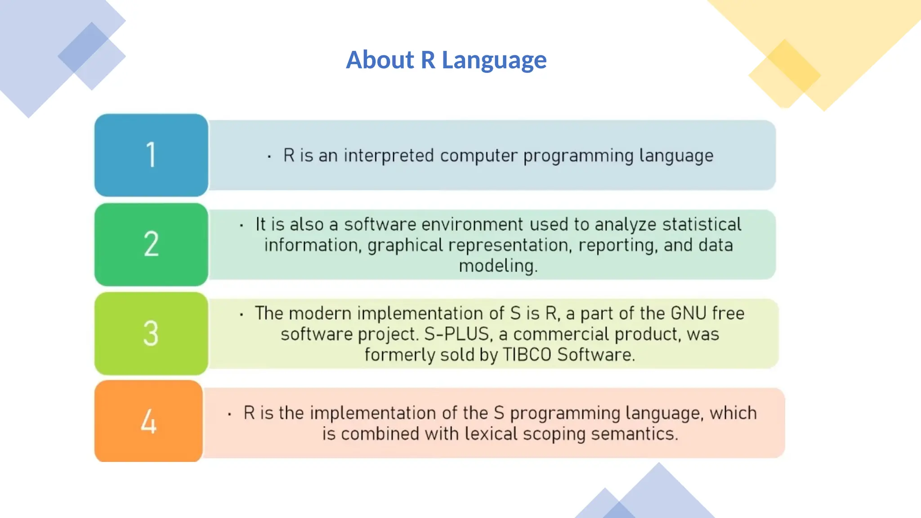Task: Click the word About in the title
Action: tap(380, 60)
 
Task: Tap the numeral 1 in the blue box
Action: tap(151, 155)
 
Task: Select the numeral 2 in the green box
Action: tap(151, 244)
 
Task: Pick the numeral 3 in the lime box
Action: tap(151, 333)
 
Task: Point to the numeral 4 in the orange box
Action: tap(149, 421)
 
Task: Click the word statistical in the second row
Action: tap(702, 224)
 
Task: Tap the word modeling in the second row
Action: tap(497, 265)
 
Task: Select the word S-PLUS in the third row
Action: tap(456, 334)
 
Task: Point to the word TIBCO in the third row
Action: tap(527, 355)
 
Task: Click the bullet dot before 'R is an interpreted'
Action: tap(269, 157)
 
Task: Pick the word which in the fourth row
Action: tap(733, 413)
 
